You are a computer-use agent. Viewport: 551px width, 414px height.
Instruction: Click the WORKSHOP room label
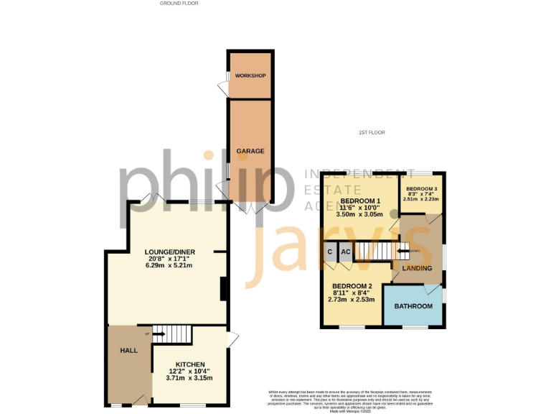click(250, 76)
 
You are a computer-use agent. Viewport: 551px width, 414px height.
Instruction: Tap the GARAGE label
click(250, 151)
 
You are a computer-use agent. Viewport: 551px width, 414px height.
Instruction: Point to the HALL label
click(128, 350)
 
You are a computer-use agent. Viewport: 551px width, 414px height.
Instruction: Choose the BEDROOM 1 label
click(359, 201)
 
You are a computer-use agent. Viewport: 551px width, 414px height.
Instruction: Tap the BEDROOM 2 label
click(352, 287)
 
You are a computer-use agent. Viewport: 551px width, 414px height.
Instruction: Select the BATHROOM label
click(413, 306)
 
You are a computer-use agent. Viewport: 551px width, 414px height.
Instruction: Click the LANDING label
click(417, 269)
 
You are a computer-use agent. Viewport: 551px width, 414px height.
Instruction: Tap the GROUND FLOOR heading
click(179, 4)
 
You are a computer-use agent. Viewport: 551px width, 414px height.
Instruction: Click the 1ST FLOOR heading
click(372, 133)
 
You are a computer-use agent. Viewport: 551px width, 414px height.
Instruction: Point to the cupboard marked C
click(330, 252)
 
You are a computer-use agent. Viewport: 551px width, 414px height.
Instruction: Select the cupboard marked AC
click(345, 252)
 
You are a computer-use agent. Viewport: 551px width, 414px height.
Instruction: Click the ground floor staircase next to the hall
click(173, 333)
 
